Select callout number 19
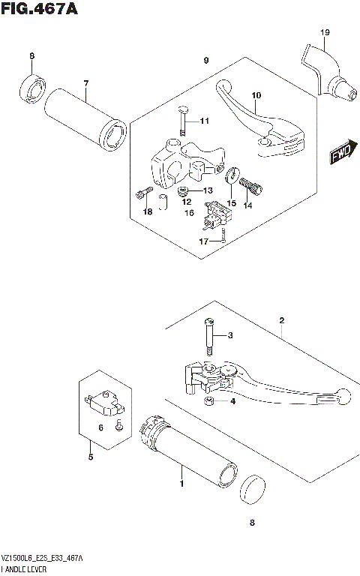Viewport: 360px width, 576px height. pos(324,32)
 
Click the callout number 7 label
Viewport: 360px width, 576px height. pos(85,82)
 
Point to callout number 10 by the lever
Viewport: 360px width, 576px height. pos(256,95)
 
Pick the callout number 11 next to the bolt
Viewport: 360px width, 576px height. pos(205,121)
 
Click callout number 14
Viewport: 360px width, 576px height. pos(248,204)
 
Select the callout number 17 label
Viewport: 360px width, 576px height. pos(203,240)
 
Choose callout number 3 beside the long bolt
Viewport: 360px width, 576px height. pos(230,334)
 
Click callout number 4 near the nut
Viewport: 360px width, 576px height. pos(232,401)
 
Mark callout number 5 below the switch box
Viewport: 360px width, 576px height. pos(90,457)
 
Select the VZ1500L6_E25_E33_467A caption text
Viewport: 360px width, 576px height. pos(43,559)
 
